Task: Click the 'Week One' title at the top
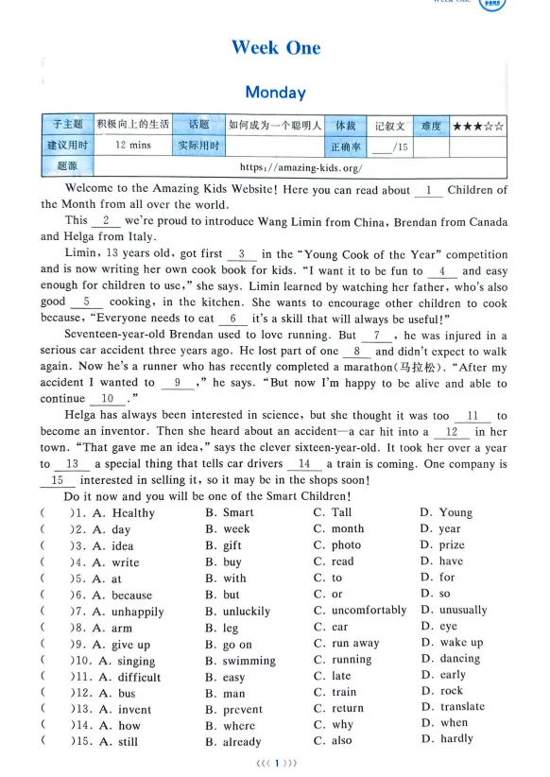[275, 47]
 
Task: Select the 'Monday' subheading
[275, 92]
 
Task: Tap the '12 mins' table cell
[132, 146]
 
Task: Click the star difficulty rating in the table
[477, 125]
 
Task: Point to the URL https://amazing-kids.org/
[301, 167]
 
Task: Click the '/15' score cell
[389, 147]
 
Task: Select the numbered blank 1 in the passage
[428, 190]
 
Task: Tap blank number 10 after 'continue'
[109, 399]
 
